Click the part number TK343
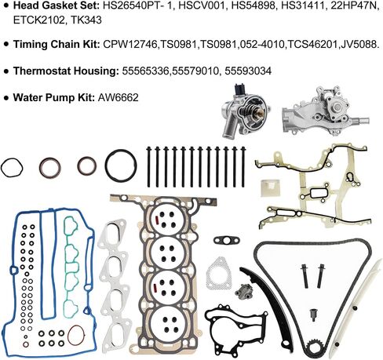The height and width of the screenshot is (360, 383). pyautogui.click(x=86, y=20)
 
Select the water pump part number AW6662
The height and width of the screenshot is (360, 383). pyautogui.click(x=118, y=97)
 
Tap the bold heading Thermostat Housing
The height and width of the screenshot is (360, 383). pyautogui.click(x=66, y=71)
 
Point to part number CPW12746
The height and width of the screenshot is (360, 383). pyautogui.click(x=131, y=45)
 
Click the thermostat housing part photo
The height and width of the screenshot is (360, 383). pyautogui.click(x=244, y=111)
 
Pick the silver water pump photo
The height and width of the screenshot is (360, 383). pyautogui.click(x=325, y=111)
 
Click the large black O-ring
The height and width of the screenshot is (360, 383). pyautogui.click(x=121, y=165)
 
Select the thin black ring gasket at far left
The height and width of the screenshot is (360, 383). pyautogui.click(x=12, y=168)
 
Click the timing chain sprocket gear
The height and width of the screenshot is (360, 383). pyautogui.click(x=314, y=348)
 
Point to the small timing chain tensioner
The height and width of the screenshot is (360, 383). pyautogui.click(x=241, y=289)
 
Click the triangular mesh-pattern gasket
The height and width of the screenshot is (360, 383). pyautogui.click(x=219, y=274)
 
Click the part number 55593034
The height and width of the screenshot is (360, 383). pyautogui.click(x=248, y=71)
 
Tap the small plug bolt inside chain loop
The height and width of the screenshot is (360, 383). pyautogui.click(x=312, y=315)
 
